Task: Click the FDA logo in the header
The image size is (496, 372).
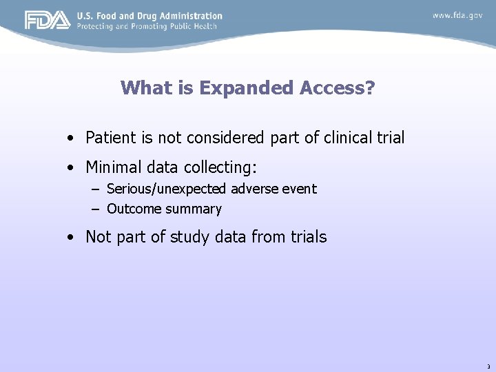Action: click(47, 20)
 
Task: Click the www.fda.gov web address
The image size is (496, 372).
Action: click(457, 15)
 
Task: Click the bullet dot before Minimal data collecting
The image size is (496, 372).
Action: click(72, 167)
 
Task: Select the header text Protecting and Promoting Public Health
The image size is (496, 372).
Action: click(147, 26)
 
